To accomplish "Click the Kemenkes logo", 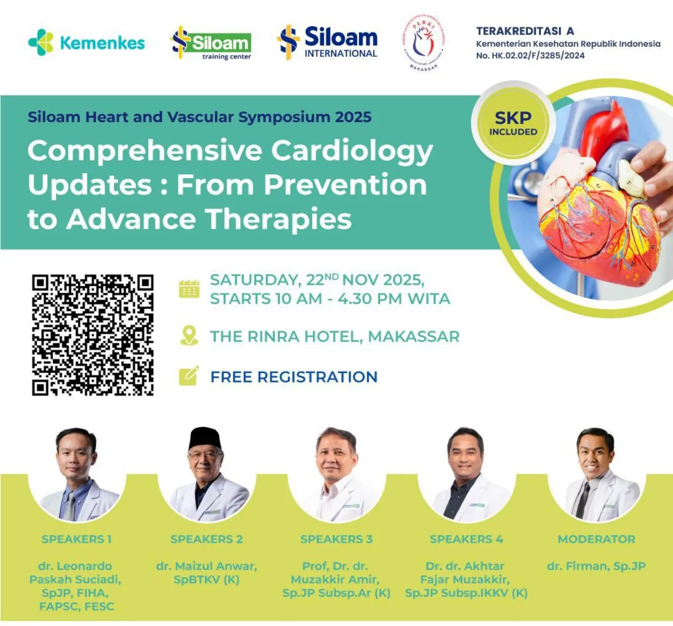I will (87, 43).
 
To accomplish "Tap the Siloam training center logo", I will (211, 43).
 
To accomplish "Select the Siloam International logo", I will (328, 43).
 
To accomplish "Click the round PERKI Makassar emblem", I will (423, 43).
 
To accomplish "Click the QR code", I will (93, 335).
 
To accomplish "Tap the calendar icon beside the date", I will (189, 289).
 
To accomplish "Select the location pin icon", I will (189, 336).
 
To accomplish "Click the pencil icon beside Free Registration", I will (189, 376).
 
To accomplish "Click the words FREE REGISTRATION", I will (294, 377).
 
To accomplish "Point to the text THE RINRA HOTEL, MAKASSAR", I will (335, 336).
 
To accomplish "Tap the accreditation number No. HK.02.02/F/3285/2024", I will (530, 56).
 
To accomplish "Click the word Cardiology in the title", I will (352, 151).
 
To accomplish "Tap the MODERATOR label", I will (596, 539).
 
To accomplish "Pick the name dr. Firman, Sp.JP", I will (596, 566).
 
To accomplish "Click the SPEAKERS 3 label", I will (336, 539).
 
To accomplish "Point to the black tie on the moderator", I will (583, 499).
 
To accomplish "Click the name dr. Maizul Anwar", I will (207, 566).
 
